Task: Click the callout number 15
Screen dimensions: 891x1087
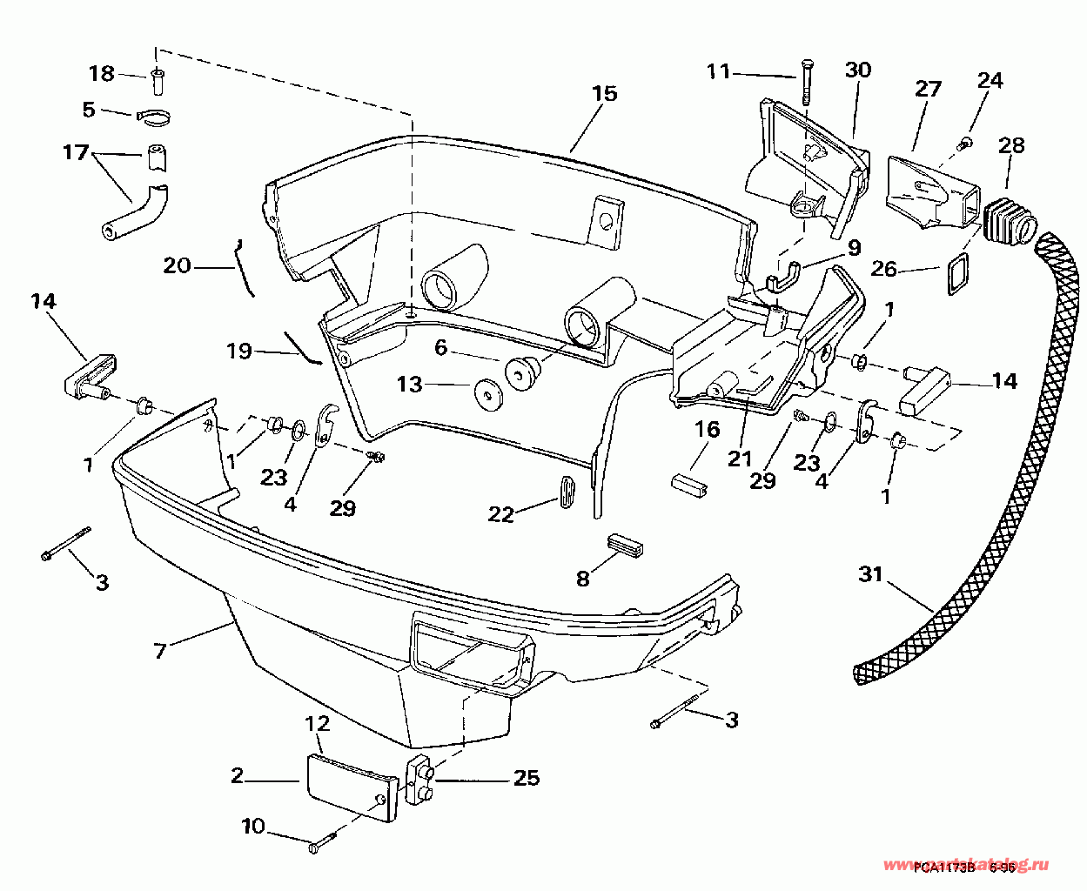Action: pyautogui.click(x=604, y=94)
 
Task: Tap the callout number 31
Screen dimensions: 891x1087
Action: pyautogui.click(x=870, y=574)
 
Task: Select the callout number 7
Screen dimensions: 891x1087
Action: pyautogui.click(x=159, y=650)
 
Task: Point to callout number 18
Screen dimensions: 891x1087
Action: pyautogui.click(x=102, y=73)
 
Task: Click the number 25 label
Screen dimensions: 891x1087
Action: pyautogui.click(x=526, y=778)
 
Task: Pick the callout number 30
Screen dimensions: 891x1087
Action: pyautogui.click(x=857, y=70)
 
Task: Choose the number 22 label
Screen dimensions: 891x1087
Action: pyautogui.click(x=500, y=515)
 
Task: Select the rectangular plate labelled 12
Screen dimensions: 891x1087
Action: pyautogui.click(x=352, y=786)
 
